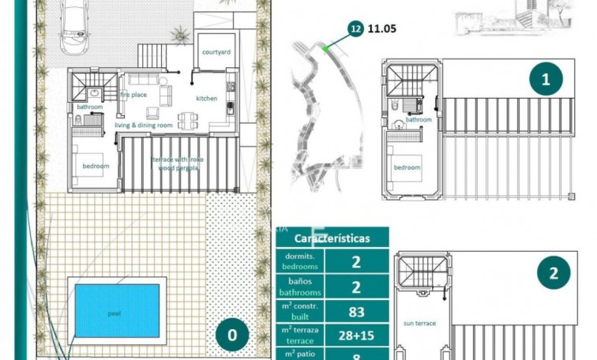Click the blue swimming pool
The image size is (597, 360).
(x=117, y=310)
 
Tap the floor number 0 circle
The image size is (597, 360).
(x=231, y=335)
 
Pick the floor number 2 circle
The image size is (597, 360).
(x=554, y=274)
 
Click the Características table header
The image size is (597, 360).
(x=332, y=238)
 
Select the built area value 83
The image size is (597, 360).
(x=356, y=312)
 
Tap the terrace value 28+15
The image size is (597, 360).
(x=356, y=336)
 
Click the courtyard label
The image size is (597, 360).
(x=216, y=51)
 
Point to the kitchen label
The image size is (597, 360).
(x=207, y=99)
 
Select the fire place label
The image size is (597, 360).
(x=133, y=95)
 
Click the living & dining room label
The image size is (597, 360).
(x=144, y=125)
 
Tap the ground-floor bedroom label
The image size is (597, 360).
(x=96, y=166)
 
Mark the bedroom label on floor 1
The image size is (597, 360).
(x=407, y=167)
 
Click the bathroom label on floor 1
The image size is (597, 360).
(x=419, y=120)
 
